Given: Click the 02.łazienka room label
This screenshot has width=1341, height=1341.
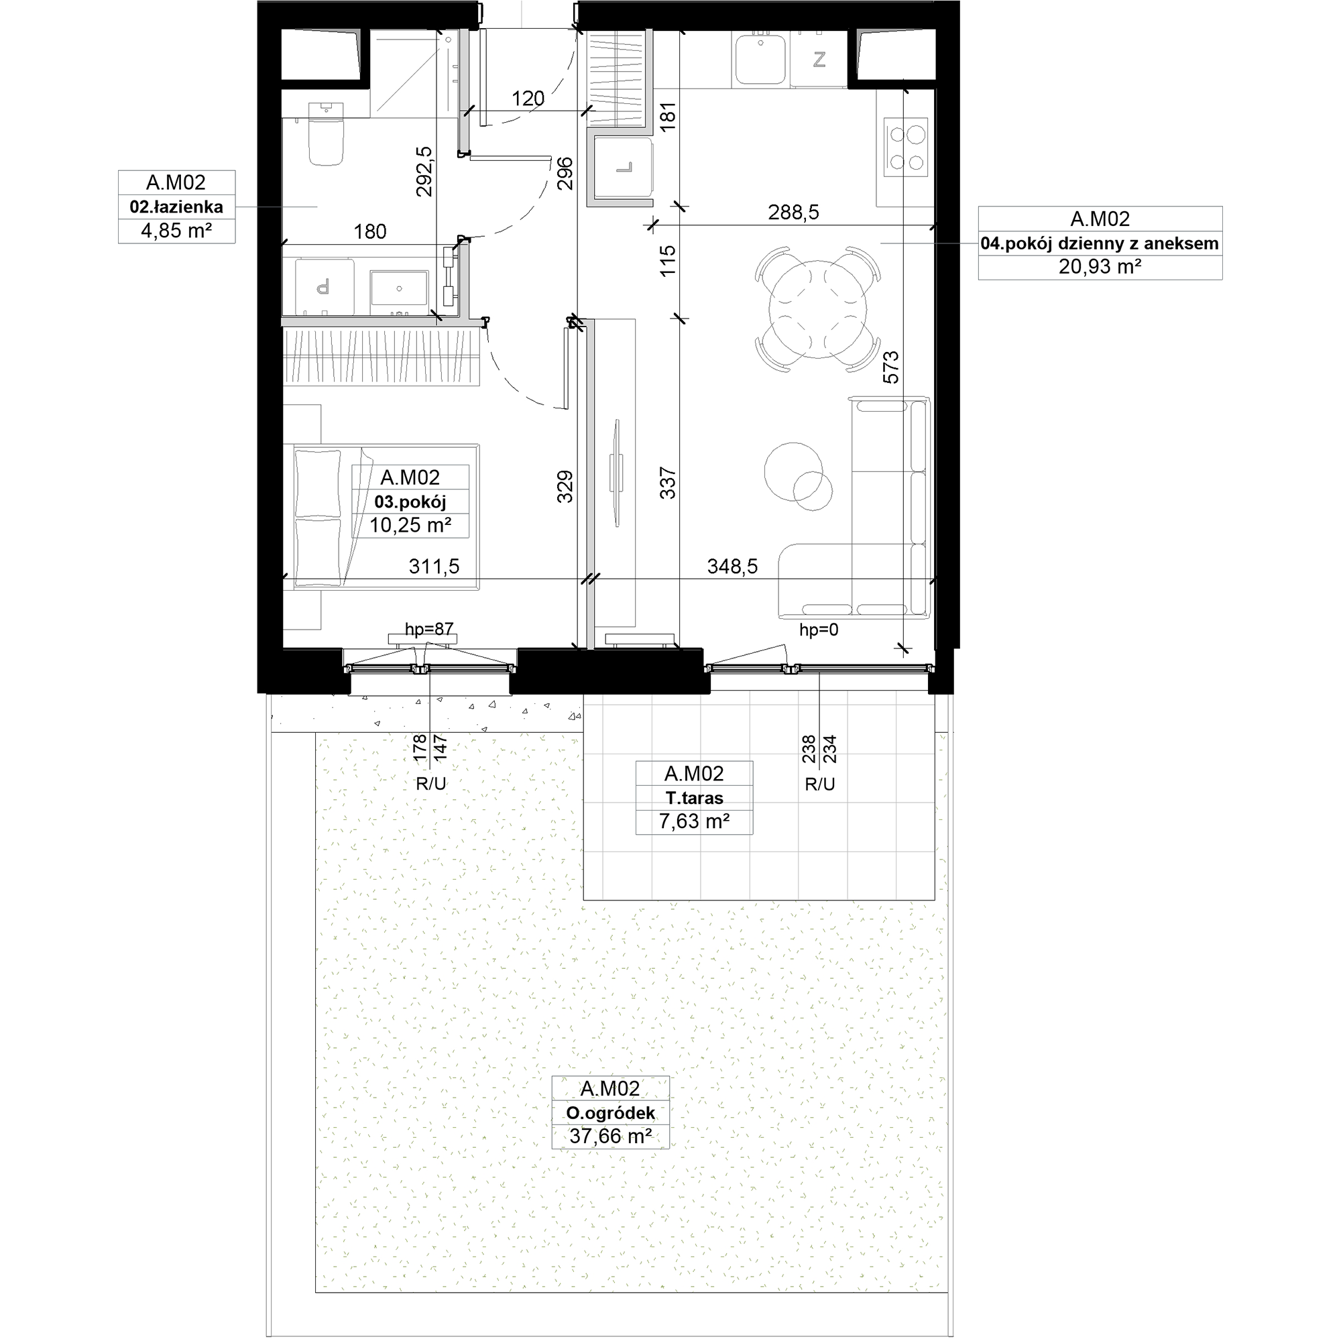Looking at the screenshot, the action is [x=176, y=207].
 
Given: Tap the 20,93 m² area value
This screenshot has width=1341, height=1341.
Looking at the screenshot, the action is [x=1100, y=267].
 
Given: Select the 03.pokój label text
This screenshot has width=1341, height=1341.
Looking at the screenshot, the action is [x=410, y=502].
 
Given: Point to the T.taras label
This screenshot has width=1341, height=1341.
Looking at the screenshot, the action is [x=694, y=797].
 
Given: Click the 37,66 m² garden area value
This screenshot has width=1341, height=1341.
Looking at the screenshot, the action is [x=611, y=1136].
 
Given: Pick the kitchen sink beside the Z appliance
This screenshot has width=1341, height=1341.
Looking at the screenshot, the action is [x=761, y=60].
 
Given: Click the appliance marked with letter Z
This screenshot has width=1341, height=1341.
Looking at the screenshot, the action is [x=819, y=60].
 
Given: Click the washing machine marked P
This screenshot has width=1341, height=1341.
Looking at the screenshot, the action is [x=323, y=286].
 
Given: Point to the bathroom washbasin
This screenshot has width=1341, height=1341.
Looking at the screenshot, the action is [x=399, y=289].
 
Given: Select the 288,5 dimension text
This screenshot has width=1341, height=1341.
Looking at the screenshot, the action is [x=793, y=213].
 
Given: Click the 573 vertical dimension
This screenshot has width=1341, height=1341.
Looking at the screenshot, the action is [x=890, y=367].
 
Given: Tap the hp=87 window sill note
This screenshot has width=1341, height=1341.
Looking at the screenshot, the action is [x=430, y=629].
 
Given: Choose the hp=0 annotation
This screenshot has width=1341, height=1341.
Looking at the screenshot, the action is [x=819, y=630].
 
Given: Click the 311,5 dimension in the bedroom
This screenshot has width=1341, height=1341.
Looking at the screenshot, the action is [x=434, y=567].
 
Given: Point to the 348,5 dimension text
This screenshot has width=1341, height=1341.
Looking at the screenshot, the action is [x=732, y=567].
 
